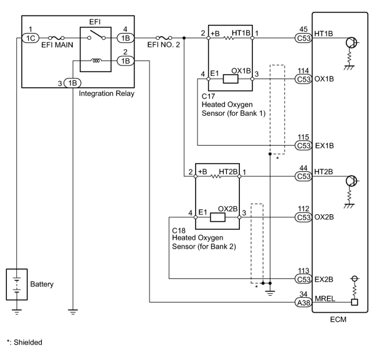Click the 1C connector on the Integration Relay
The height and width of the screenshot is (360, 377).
tap(31, 38)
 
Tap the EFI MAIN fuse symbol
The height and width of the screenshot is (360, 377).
tap(56, 38)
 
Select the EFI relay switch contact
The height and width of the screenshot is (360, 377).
tap(97, 35)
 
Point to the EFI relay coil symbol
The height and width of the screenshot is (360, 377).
tap(96, 61)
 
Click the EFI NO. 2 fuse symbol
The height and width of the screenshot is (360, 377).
tap(164, 38)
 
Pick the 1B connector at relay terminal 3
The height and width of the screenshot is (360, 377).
tap(73, 83)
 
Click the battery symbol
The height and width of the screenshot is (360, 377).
tap(17, 284)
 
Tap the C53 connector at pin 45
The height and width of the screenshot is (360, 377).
tap(303, 38)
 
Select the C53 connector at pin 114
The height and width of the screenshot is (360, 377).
tap(303, 79)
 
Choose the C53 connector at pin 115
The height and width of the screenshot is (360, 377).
tap(303, 145)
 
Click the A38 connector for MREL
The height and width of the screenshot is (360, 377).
tap(303, 302)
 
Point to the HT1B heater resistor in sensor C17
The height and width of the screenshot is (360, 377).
tap(229, 38)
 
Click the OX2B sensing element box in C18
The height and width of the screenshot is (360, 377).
tap(217, 217)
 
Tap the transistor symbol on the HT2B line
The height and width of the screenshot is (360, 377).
tap(351, 181)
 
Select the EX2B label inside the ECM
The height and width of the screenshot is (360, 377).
tap(324, 279)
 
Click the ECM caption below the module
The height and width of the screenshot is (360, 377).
tap(338, 320)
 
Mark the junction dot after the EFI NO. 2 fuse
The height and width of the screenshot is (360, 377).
tap(184, 38)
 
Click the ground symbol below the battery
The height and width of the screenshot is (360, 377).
tap(17, 312)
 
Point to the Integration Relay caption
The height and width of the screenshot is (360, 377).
tap(107, 93)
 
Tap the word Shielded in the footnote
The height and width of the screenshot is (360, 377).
tap(28, 342)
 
